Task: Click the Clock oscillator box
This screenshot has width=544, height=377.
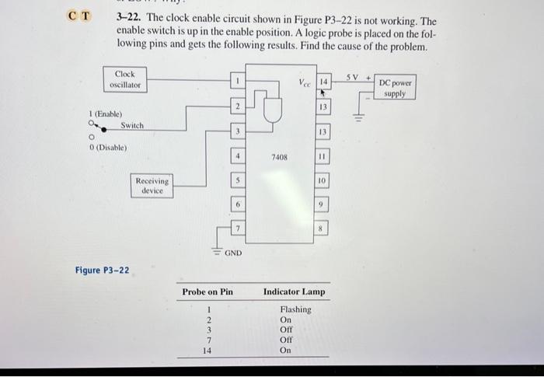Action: point(126,79)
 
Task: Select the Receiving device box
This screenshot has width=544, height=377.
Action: point(152,185)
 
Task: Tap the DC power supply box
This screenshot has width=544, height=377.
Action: point(396,88)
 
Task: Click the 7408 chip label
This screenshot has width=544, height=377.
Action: point(280,156)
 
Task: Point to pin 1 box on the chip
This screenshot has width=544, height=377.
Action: point(240,80)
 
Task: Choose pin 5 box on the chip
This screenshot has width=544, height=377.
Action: point(240,179)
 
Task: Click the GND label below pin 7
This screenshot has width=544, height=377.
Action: point(233,253)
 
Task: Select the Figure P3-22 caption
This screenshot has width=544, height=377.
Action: point(103,271)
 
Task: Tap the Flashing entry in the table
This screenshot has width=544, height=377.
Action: point(296,309)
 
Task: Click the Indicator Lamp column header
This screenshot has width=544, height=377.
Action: point(295,292)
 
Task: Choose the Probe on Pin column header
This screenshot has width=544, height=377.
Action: point(207,292)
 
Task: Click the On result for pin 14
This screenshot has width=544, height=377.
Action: point(285,351)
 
